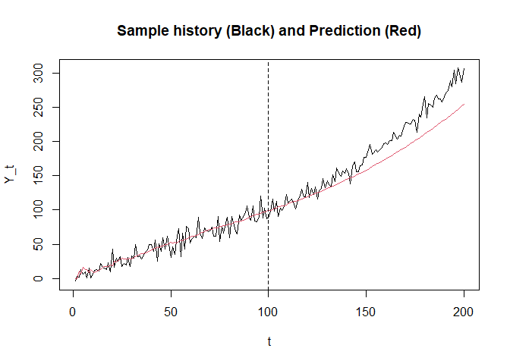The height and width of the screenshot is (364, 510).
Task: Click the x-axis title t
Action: point(269,342)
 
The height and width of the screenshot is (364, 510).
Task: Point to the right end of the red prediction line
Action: point(464,104)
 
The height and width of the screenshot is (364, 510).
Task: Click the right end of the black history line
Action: point(464,69)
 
